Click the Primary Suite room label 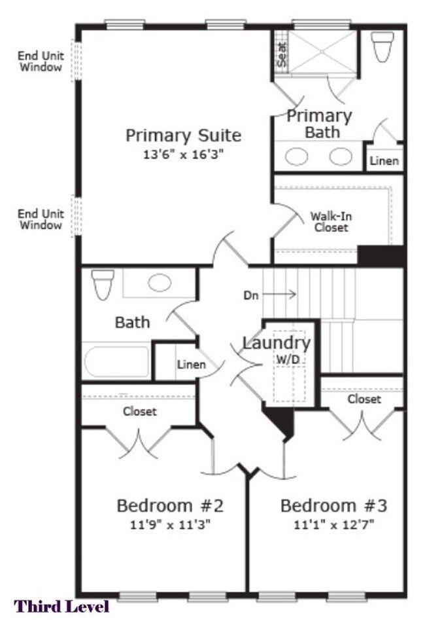(x=183, y=136)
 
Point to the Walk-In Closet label (x=330, y=221)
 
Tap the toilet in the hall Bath (x=103, y=283)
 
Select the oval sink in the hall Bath (x=159, y=283)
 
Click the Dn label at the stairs (x=251, y=295)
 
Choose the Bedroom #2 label (x=170, y=505)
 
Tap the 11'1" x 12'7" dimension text (x=333, y=524)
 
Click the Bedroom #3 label (x=333, y=505)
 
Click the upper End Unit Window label (x=40, y=61)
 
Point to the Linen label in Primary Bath (x=384, y=160)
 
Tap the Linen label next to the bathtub (x=191, y=365)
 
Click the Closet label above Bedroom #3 (x=364, y=399)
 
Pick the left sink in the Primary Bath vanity (x=297, y=156)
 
